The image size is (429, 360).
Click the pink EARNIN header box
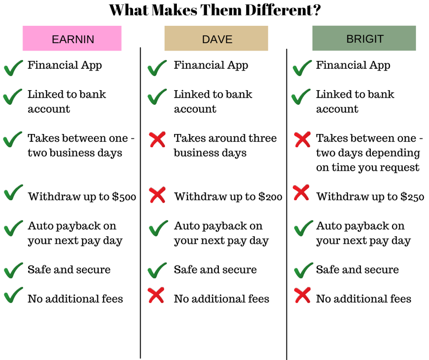click(x=72, y=39)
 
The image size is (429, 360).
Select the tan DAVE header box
click(x=216, y=39)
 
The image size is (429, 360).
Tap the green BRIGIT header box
click(x=364, y=38)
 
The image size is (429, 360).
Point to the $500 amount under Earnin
click(x=124, y=197)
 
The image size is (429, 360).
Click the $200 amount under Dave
click(x=271, y=197)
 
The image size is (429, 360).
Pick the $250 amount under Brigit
click(x=412, y=197)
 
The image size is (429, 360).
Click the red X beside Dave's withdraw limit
click(x=157, y=194)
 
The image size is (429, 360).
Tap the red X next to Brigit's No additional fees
click(x=302, y=295)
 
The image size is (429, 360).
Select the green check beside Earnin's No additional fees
click(x=14, y=295)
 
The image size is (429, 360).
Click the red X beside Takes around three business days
click(x=157, y=139)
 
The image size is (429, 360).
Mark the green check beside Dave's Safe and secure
click(x=157, y=270)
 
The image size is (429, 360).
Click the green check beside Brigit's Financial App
click(x=302, y=67)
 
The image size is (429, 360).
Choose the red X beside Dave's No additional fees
click(x=156, y=295)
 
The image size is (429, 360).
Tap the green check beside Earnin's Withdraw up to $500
click(x=14, y=192)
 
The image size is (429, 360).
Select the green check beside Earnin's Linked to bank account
click(x=13, y=96)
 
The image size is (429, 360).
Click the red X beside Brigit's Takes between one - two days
click(x=302, y=139)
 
